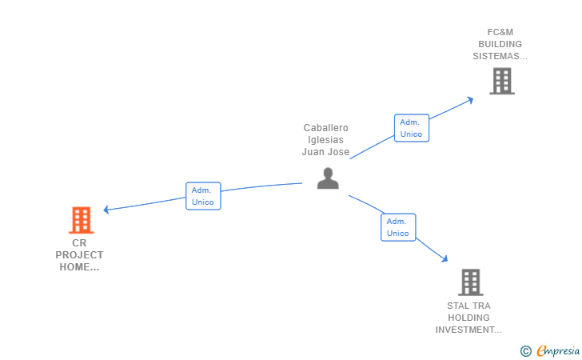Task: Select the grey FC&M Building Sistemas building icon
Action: [x=502, y=81]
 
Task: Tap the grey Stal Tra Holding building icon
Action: [x=471, y=282]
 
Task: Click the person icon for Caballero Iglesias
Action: [x=328, y=178]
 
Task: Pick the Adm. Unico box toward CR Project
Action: [x=203, y=196]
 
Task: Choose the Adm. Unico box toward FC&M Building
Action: [x=412, y=128]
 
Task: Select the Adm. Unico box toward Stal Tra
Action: [x=398, y=227]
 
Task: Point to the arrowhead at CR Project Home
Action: [x=106, y=210]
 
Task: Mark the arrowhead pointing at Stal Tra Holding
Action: [x=444, y=258]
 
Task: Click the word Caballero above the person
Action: [x=325, y=128]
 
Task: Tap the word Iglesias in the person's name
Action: [x=325, y=140]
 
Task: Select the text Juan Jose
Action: [x=325, y=152]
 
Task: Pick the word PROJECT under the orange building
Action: [x=79, y=255]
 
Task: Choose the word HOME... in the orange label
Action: [x=79, y=267]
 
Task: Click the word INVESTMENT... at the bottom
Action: [x=468, y=330]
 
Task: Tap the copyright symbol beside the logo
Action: [x=525, y=350]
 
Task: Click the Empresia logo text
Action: [x=558, y=350]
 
